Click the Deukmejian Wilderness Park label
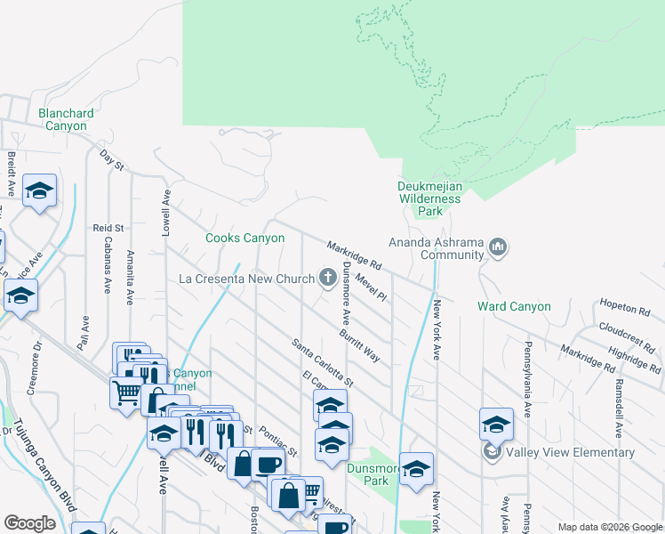point(430,199)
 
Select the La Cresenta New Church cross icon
point(328,277)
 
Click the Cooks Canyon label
point(245,238)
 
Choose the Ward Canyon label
point(514,306)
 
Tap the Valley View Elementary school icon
point(492,452)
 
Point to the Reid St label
point(108,229)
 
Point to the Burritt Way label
point(359,345)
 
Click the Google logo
point(30,523)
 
